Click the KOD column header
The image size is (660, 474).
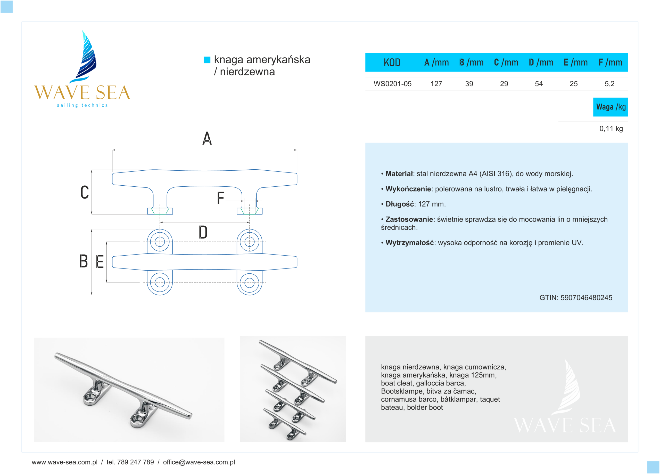[x=392, y=62]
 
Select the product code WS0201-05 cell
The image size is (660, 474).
[x=392, y=84]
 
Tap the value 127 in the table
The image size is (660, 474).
[x=436, y=84]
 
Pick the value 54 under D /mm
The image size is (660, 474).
[x=539, y=84]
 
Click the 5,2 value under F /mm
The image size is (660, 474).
[x=609, y=84]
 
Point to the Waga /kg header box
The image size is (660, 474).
[x=610, y=107]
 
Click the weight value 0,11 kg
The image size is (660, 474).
[x=611, y=129]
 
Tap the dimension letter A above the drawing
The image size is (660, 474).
[x=207, y=138]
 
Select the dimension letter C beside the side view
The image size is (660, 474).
[x=85, y=192]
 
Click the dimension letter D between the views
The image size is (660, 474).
[x=203, y=232]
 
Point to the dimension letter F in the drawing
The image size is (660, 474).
[x=221, y=198]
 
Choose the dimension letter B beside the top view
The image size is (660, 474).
[x=84, y=261]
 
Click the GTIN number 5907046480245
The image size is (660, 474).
[x=586, y=297]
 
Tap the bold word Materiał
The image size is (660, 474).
[x=399, y=174]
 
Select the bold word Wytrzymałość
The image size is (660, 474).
[x=409, y=243]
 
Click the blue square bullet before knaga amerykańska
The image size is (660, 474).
[x=207, y=60]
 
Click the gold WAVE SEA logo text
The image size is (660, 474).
[x=82, y=93]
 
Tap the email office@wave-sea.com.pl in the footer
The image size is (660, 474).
[x=199, y=462]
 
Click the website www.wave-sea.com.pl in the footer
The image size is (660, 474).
[x=65, y=462]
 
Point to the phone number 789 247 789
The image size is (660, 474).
[x=135, y=462]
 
